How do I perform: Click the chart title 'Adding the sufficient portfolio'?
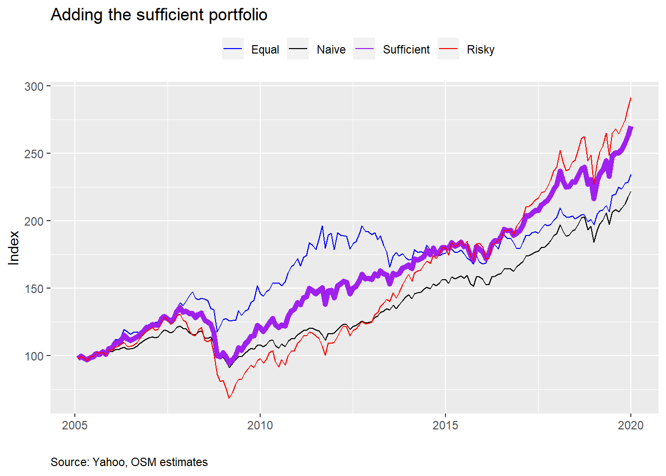click(x=159, y=15)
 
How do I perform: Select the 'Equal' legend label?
click(x=265, y=50)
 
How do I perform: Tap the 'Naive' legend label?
click(x=331, y=50)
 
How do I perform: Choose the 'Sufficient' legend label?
click(x=406, y=50)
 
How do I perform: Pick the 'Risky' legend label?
click(x=481, y=50)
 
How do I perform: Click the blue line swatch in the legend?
click(x=233, y=49)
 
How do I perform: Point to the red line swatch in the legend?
click(x=448, y=49)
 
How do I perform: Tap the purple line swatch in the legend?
click(x=364, y=49)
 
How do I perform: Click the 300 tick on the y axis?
click(x=34, y=86)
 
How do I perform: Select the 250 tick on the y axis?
click(x=34, y=154)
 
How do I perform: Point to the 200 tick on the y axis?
click(x=34, y=221)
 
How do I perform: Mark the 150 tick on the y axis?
click(x=34, y=289)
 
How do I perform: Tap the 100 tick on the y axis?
click(x=34, y=356)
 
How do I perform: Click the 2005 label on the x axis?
click(x=75, y=425)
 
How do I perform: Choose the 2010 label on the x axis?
click(x=260, y=425)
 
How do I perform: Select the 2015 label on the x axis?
click(x=445, y=425)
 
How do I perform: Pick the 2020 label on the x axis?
click(x=631, y=425)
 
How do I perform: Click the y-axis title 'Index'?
click(x=14, y=248)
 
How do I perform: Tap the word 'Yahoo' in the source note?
click(x=109, y=462)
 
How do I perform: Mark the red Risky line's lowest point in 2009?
click(x=229, y=398)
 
